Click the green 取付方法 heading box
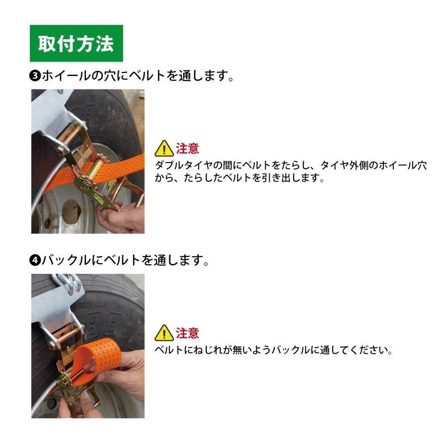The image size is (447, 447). pos(76,44)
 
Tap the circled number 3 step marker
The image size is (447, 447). pos(35,76)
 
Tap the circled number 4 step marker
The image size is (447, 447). pos(35,260)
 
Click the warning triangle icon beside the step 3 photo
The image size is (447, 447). pos(163,149)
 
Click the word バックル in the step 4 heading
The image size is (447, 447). pos(66,260)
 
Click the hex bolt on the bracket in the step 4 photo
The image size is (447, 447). pos(52,342)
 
